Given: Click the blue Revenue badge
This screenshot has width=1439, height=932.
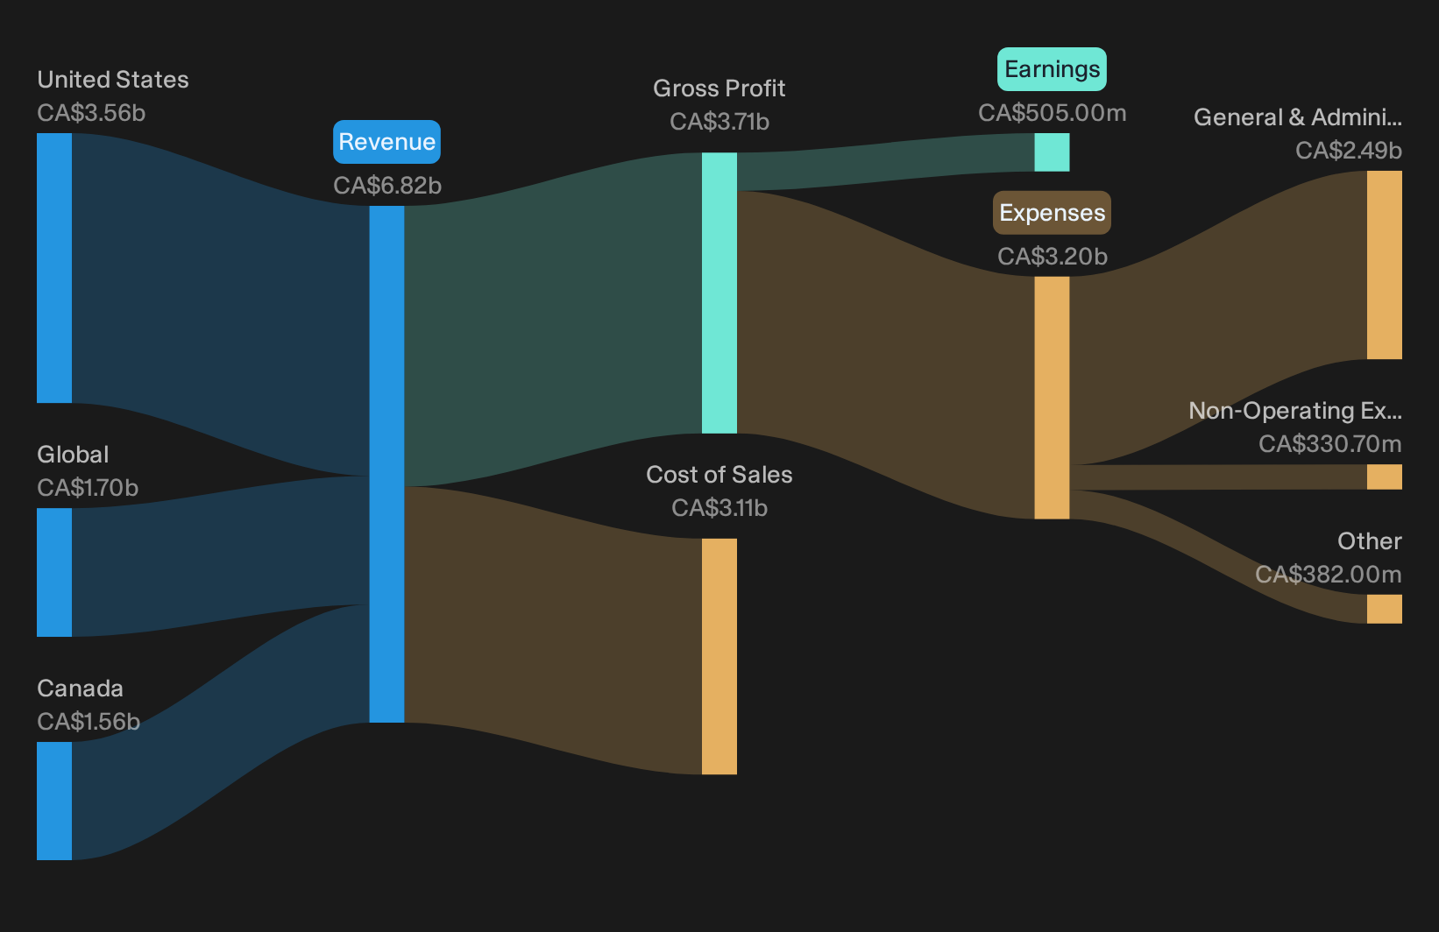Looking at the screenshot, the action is (386, 142).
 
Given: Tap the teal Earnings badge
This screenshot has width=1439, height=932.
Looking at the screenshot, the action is (1052, 69).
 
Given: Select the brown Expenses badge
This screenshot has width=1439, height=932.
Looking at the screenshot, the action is (1052, 213).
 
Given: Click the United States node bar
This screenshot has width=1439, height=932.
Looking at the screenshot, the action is (54, 268).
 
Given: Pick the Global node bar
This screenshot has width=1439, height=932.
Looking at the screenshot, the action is (54, 572).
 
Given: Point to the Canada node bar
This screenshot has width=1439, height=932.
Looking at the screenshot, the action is (54, 801).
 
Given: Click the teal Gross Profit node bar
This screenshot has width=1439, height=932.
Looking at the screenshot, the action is (719, 293).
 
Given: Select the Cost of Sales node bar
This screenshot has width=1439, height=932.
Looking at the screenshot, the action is (719, 656).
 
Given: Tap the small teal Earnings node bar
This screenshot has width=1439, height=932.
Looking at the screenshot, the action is (1053, 152).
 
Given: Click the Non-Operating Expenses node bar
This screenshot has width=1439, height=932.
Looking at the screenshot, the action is (1385, 477).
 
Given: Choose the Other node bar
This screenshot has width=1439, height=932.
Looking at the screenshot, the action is (1385, 609).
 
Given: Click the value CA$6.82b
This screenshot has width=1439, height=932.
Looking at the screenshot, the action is (387, 186).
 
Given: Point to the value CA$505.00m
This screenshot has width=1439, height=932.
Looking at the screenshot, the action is (1053, 113).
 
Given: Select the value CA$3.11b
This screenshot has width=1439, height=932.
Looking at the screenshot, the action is (719, 508).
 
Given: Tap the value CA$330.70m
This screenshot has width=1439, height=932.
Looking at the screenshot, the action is (1329, 444).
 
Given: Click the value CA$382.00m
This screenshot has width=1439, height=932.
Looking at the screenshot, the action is (1329, 575).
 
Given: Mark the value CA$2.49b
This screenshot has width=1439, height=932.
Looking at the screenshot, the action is (1349, 151).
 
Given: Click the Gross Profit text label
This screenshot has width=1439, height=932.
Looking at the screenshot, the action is (719, 88).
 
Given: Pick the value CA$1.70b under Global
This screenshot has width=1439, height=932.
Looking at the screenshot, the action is (88, 488).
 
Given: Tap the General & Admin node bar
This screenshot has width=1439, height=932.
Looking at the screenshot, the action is (1385, 265).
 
